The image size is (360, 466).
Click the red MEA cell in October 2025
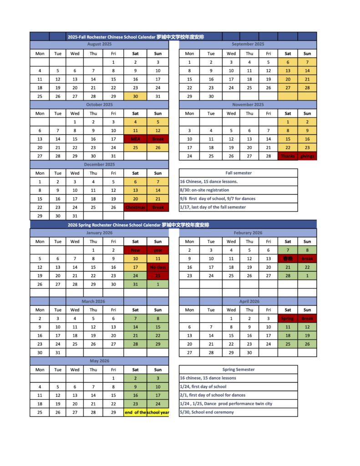[135, 139]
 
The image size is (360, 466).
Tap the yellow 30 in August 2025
[135, 96]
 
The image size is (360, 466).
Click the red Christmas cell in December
[135, 207]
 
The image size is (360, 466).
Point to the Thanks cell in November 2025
[288, 156]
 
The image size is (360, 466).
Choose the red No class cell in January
[157, 267]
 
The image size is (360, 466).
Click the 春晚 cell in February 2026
[288, 258]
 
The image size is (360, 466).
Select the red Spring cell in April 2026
[288, 319]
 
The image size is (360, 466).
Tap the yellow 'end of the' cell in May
[135, 412]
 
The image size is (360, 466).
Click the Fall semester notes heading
[238, 173]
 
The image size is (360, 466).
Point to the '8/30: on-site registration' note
[205, 190]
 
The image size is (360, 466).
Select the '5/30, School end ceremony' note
[207, 412]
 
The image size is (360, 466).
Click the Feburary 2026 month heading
[248, 233]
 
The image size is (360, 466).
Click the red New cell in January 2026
[135, 250]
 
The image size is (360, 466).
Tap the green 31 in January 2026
[135, 284]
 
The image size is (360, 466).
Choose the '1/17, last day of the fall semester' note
[213, 207]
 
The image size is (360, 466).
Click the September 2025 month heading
[248, 44]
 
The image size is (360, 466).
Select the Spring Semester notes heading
[238, 370]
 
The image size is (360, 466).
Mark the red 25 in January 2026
[157, 276]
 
